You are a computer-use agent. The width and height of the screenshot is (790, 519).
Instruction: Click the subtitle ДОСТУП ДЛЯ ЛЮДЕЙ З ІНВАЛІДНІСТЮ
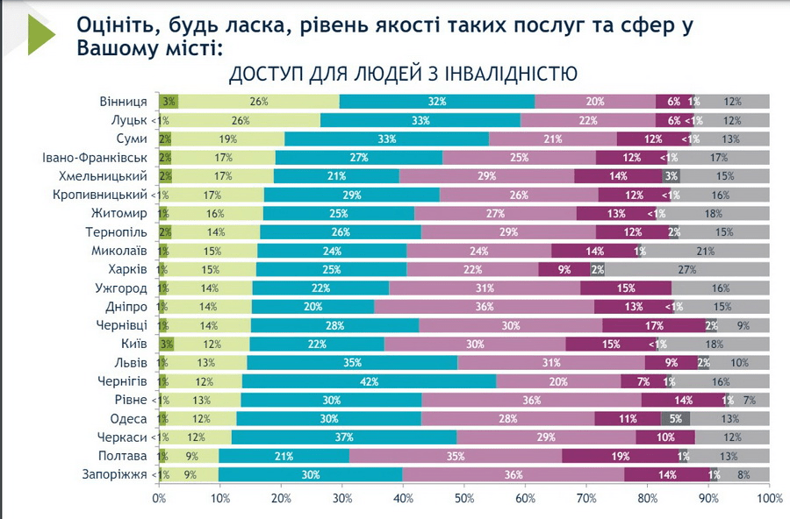coord(403,74)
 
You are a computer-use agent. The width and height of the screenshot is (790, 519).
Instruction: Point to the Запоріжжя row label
coord(116,474)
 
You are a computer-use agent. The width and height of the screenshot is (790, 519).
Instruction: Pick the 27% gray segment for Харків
coord(687,269)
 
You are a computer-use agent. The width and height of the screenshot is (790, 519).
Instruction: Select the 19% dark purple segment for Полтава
coord(620,456)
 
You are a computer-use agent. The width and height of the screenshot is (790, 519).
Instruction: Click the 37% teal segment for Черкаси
coord(344,437)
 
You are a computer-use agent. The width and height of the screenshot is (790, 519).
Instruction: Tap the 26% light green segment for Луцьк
coord(241,120)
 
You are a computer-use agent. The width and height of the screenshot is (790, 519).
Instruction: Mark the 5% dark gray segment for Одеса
coord(676,418)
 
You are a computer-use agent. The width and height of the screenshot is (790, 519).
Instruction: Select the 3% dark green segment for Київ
coord(167,344)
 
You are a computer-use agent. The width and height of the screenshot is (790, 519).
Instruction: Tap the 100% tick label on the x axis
coord(769,499)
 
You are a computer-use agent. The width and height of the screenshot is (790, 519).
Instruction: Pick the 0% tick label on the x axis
coord(159,499)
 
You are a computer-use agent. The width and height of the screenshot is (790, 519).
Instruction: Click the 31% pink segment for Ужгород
coord(485,288)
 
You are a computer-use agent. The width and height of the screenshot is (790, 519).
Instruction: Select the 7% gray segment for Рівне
coord(749,400)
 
